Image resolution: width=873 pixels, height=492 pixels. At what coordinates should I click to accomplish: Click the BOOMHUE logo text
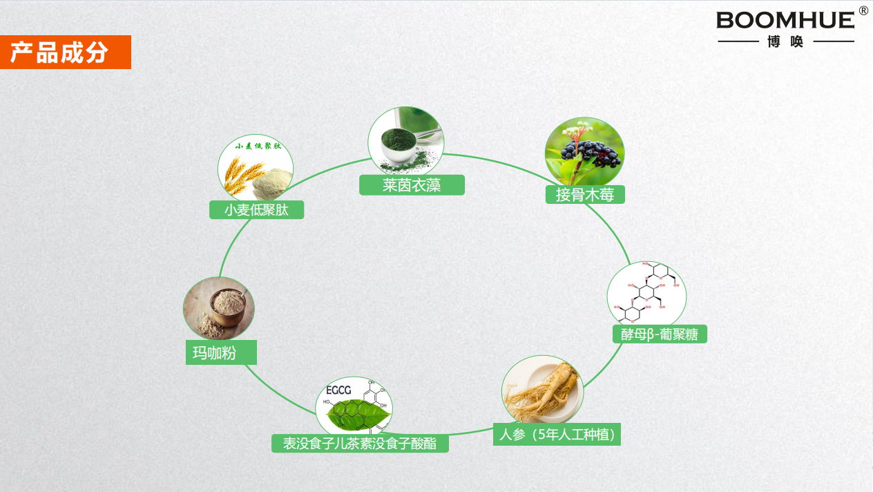coord(785,20)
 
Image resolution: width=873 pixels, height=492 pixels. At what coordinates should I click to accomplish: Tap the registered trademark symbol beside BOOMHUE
coord(863,10)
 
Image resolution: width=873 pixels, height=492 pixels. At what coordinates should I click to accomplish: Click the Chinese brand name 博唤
coord(786,42)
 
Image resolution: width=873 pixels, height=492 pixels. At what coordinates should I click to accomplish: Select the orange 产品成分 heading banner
coord(65,53)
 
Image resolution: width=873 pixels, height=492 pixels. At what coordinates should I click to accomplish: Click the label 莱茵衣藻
coord(412,185)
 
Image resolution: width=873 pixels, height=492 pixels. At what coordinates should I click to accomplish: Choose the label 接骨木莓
coord(584,195)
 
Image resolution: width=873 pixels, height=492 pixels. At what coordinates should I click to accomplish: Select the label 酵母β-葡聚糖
coord(660,334)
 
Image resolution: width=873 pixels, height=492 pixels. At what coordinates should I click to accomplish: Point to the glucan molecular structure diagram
coord(646,294)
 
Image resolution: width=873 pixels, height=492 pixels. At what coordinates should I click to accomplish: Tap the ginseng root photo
coord(543,391)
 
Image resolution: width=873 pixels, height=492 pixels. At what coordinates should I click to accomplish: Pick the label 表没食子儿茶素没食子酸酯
coord(360,444)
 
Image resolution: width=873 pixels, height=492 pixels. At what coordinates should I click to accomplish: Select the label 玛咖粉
coord(220,353)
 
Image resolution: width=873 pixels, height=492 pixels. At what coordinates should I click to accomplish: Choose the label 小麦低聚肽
coord(256,210)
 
